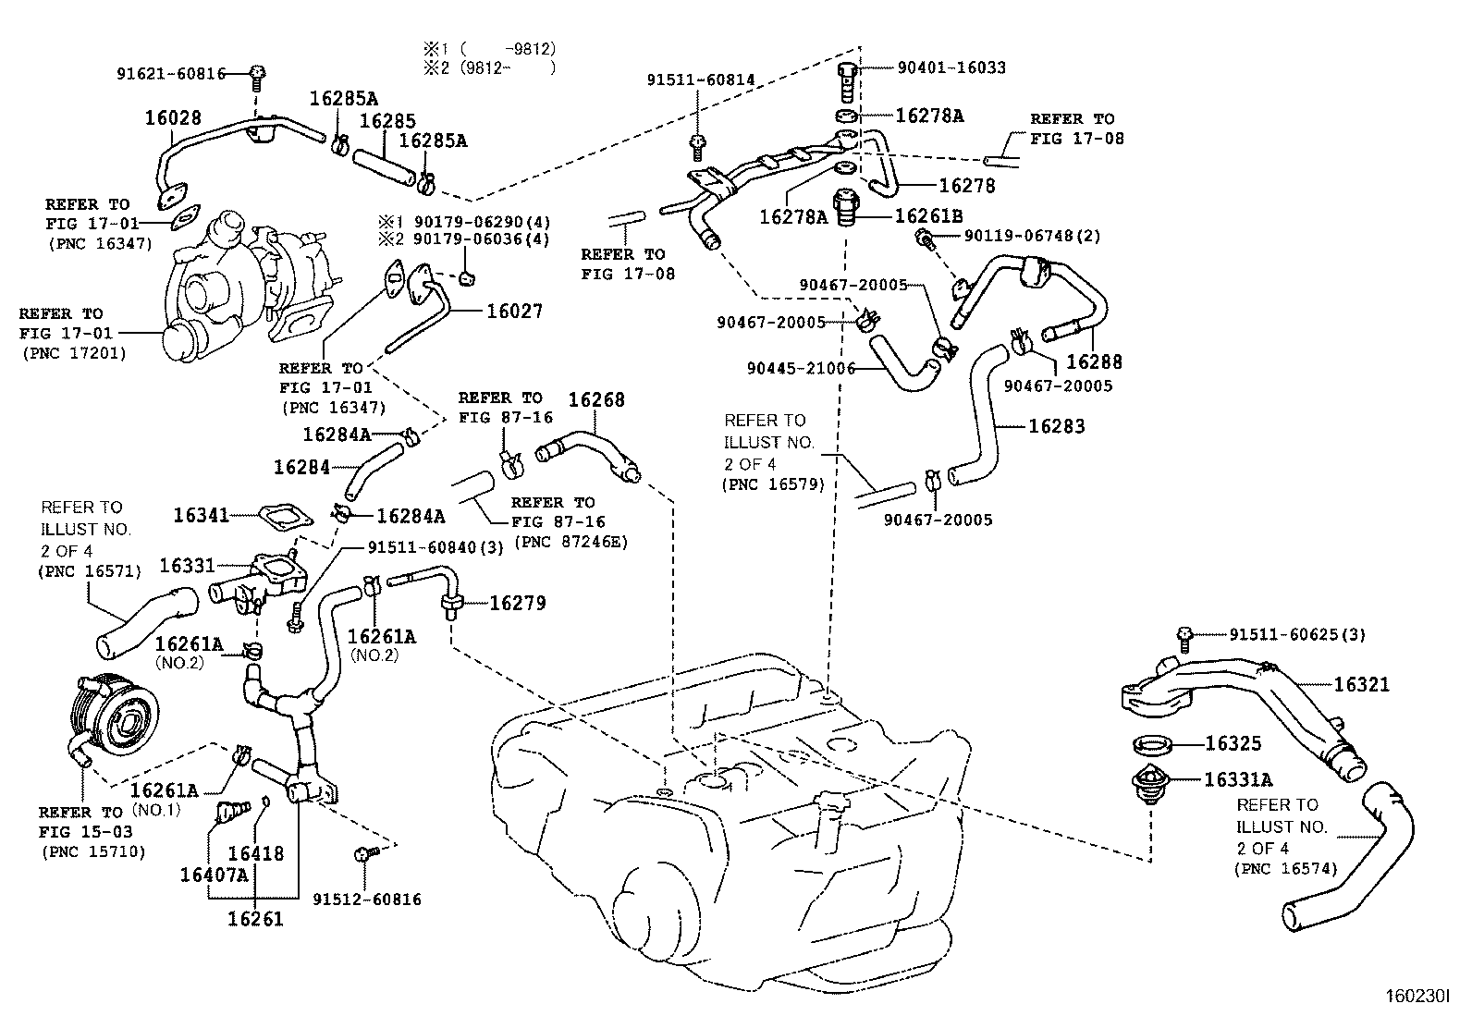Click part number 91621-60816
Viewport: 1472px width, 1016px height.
[171, 74]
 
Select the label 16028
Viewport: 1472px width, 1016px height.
[172, 118]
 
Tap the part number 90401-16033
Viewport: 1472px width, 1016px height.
[951, 67]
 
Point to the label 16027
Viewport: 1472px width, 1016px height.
[514, 312]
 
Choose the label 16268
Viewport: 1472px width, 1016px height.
[595, 399]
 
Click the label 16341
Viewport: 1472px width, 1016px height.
[202, 515]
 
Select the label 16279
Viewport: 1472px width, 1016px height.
[517, 603]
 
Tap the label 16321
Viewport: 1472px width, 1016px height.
[1361, 685]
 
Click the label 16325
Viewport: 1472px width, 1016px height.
[1233, 743]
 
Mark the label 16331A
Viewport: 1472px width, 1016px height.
[1238, 779]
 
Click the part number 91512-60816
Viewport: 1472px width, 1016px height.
[366, 899]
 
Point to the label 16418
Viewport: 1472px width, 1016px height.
[255, 854]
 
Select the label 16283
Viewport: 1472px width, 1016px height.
[1057, 426]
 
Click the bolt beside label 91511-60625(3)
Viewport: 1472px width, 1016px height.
[1184, 634]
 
